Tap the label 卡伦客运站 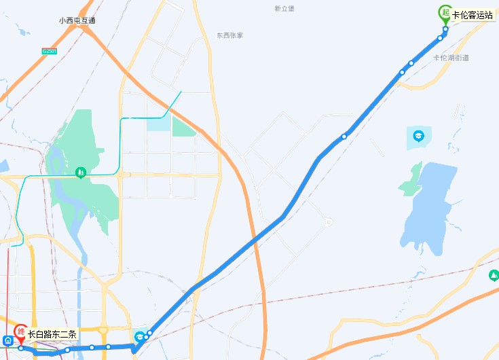click(x=473, y=14)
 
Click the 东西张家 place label click(x=229, y=35)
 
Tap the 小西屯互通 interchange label click(x=77, y=20)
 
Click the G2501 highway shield click(x=50, y=52)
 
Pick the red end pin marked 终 click(x=21, y=333)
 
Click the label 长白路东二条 click(x=53, y=334)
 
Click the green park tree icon click(x=80, y=173)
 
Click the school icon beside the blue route click(x=139, y=336)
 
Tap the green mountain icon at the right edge click(x=493, y=275)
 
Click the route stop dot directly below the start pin click(x=445, y=29)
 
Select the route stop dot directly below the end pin click(x=21, y=348)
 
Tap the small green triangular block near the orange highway click(x=183, y=126)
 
